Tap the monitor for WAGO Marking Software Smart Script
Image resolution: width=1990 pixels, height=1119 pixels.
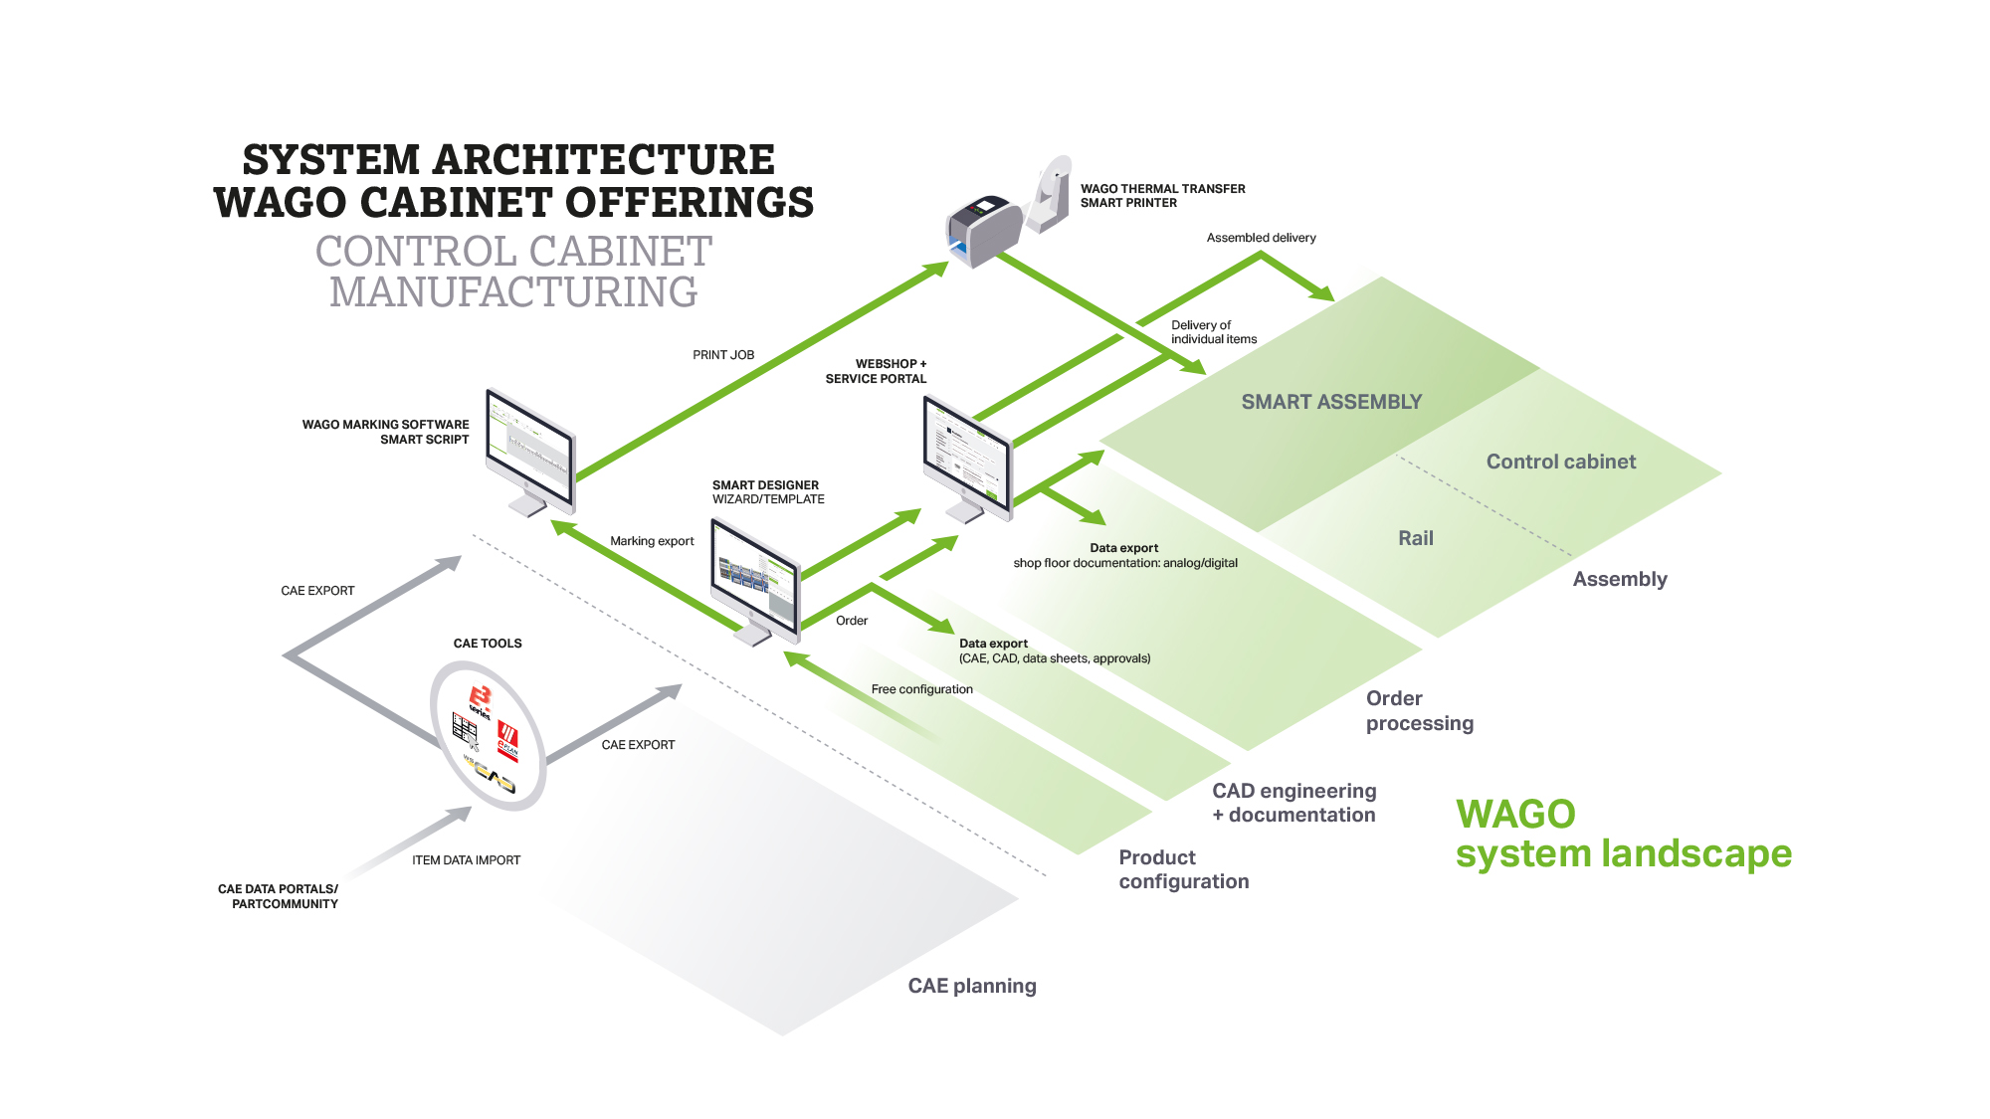[x=530, y=453]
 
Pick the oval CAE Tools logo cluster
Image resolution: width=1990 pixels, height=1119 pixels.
[x=488, y=735]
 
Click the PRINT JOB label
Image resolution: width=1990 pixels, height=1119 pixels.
[x=723, y=355]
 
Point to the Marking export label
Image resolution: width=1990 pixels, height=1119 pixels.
[x=652, y=541]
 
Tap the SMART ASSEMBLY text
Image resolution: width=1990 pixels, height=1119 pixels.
[x=1331, y=402]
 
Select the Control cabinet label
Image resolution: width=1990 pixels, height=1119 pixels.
[x=1561, y=462]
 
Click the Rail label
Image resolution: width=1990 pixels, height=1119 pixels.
[x=1416, y=538]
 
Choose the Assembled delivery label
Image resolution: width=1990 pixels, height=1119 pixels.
[x=1261, y=238]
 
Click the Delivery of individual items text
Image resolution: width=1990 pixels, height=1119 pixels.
[x=1214, y=332]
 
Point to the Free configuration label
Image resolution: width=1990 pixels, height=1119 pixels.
[x=922, y=689]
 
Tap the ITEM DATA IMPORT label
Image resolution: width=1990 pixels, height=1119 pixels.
[x=466, y=860]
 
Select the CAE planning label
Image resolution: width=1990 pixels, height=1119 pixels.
[x=972, y=986]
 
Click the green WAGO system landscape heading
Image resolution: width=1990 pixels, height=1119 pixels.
[x=1623, y=835]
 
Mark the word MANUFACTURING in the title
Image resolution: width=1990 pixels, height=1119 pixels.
[x=513, y=292]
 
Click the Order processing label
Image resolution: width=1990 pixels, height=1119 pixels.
[x=1420, y=710]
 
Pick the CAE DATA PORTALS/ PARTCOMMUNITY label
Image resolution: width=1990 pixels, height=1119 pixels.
[x=278, y=896]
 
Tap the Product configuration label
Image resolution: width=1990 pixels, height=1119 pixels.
[x=1184, y=869]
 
